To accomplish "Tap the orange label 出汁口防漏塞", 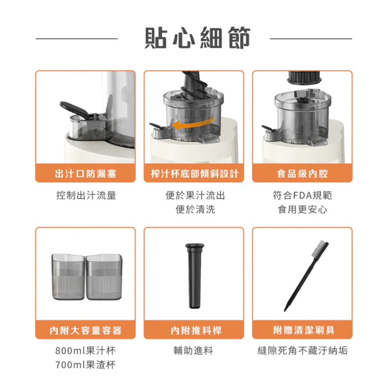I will [85, 174].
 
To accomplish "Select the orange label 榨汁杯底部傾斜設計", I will [194, 174].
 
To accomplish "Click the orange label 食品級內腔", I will [302, 174].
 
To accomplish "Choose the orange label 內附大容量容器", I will [85, 330].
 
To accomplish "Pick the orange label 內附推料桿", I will [194, 330].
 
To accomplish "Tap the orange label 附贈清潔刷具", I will [302, 330].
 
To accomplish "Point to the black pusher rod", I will [193, 276].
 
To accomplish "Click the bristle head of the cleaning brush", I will [321, 248].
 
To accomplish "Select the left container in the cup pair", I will [68, 277].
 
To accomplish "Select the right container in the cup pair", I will [103, 277].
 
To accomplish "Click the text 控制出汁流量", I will [86, 195].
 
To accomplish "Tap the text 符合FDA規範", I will [302, 195].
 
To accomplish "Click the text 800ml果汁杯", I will [86, 351].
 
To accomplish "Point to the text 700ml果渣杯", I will [86, 365].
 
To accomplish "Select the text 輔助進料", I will [194, 351].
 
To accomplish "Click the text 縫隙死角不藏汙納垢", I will [302, 351].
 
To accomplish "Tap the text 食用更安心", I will [302, 209].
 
